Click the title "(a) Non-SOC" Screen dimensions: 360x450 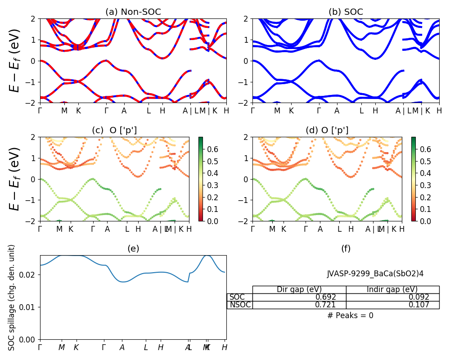coord(133,12)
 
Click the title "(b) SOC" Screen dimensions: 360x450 coord(346,12)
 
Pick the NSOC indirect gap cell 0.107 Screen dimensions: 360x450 coord(419,305)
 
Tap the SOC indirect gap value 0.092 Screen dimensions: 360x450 coord(419,297)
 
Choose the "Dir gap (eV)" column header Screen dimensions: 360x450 coord(299,290)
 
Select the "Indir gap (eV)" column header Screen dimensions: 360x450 coord(392,290)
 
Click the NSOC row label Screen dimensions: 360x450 coord(240,305)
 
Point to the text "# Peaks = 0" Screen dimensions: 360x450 coord(351,316)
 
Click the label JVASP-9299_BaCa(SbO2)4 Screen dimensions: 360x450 coord(375,274)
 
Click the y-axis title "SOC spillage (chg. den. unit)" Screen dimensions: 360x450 coord(12,297)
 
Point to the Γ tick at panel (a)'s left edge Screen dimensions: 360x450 coord(40,110)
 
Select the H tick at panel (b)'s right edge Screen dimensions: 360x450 coord(439,110)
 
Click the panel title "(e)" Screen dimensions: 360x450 coord(133,248)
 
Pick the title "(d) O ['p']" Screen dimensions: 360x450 coord(327,130)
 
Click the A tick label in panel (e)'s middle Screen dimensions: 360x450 coord(122,347)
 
